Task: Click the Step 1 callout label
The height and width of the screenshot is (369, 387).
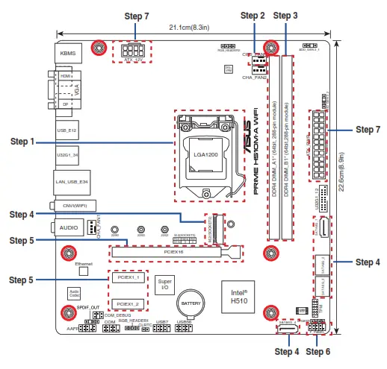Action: point(22,141)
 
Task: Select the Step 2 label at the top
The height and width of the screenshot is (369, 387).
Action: point(253,15)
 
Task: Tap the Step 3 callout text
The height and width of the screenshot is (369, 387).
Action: point(286,15)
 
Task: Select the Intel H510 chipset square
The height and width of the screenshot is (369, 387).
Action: point(238,298)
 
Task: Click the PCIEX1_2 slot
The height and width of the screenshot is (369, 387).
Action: point(129,304)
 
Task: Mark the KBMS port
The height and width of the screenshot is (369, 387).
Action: point(67,54)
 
